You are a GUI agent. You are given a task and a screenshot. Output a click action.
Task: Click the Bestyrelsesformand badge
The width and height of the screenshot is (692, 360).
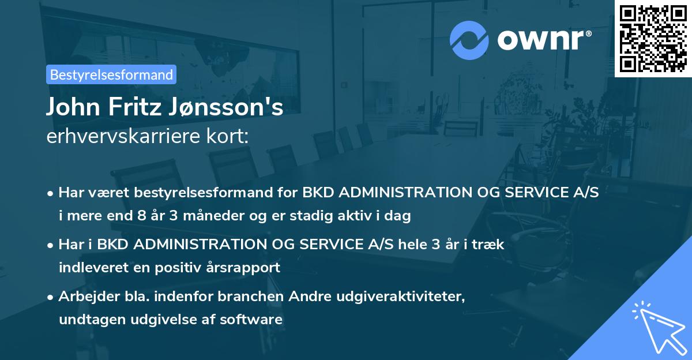click(111, 74)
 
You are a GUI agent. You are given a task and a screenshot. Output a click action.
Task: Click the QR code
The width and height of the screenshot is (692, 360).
click(653, 38)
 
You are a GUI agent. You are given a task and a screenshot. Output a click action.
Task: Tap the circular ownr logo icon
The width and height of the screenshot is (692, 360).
click(469, 40)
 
